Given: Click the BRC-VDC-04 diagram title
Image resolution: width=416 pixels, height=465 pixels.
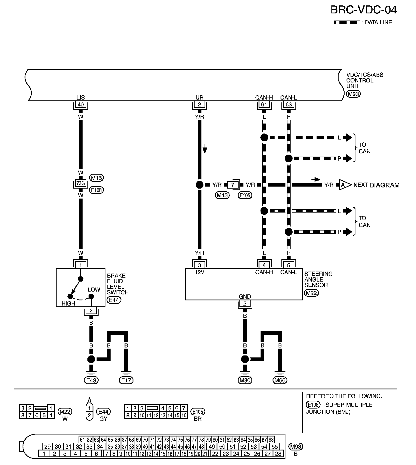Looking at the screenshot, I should (x=363, y=10).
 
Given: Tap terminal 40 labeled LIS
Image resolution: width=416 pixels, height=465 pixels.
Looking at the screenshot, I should (x=81, y=105).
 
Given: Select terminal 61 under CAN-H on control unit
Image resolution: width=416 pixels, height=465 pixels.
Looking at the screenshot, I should (x=264, y=105).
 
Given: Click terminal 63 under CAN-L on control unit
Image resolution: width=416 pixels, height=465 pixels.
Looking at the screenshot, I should (x=289, y=105).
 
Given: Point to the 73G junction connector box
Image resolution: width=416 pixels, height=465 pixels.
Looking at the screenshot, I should (x=81, y=183).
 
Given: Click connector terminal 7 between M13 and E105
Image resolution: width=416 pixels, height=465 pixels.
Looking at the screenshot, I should (x=233, y=185).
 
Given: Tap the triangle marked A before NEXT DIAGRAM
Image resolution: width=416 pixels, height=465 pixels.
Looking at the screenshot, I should (x=344, y=185).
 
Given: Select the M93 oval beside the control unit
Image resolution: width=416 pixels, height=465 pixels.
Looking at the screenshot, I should (x=353, y=94).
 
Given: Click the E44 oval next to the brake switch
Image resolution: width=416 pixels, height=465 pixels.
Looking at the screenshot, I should (x=113, y=300).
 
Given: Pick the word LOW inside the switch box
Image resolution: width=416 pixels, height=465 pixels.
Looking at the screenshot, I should (x=94, y=290).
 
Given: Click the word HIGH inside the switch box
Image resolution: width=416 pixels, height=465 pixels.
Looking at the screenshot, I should (x=68, y=304).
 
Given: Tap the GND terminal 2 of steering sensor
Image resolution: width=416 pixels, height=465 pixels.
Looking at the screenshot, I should (x=245, y=304).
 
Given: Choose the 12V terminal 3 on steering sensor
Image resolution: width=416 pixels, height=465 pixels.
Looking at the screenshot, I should (x=199, y=265).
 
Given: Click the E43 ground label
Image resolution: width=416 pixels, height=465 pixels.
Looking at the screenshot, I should (x=91, y=380).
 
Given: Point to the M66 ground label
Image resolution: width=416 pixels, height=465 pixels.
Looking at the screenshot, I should (x=280, y=380).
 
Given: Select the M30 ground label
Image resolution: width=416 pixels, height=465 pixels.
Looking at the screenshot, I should (x=245, y=380).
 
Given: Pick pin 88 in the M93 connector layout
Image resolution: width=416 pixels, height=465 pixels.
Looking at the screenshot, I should (x=271, y=440).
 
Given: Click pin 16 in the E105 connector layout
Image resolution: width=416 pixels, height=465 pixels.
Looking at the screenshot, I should (x=184, y=415).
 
